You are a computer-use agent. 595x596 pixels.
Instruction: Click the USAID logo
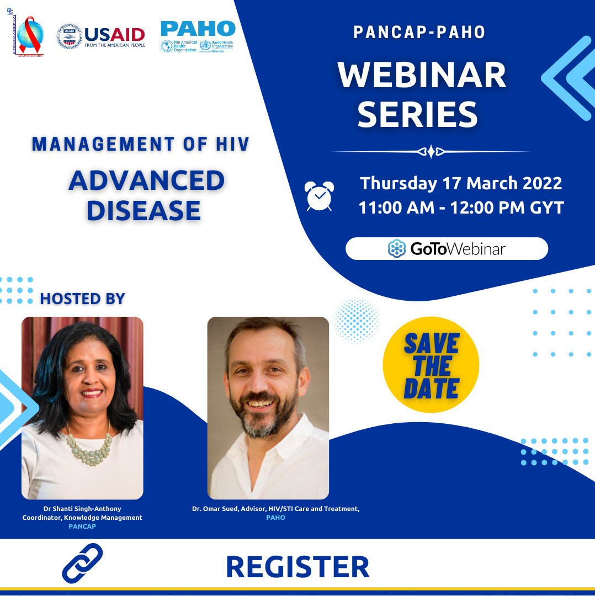point(102,36)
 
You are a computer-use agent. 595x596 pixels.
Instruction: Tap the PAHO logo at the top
point(198,36)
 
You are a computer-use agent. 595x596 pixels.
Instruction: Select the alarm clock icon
point(319,196)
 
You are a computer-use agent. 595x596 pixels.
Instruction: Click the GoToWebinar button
point(447,249)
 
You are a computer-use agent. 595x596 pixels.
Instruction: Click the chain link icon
point(82,563)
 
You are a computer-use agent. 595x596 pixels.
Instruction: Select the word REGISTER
point(297,567)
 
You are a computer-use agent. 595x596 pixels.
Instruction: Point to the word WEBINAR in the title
point(422,76)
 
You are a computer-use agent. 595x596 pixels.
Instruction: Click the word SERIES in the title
point(417,114)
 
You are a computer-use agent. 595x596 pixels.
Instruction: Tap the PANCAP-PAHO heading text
point(419,32)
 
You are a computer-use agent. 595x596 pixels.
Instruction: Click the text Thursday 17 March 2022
point(461,183)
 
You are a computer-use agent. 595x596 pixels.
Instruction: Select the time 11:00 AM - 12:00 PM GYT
point(461,208)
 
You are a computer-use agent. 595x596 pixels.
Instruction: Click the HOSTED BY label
point(83,299)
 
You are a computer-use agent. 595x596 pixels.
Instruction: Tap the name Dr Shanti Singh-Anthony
point(82,508)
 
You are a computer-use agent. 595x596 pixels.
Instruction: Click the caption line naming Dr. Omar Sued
point(275,508)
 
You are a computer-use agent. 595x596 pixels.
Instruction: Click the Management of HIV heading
point(141,145)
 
